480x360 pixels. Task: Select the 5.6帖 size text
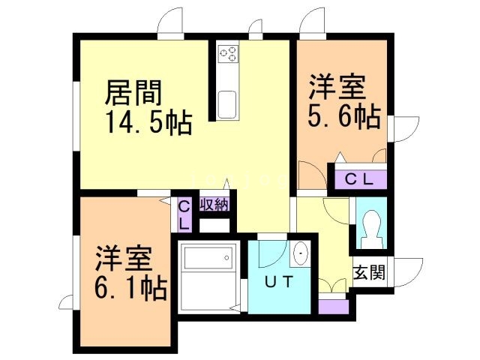point(343,117)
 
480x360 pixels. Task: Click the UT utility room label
point(280,283)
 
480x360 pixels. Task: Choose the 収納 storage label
point(214,202)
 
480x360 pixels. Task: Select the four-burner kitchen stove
point(228,53)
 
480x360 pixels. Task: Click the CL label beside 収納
point(184,214)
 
